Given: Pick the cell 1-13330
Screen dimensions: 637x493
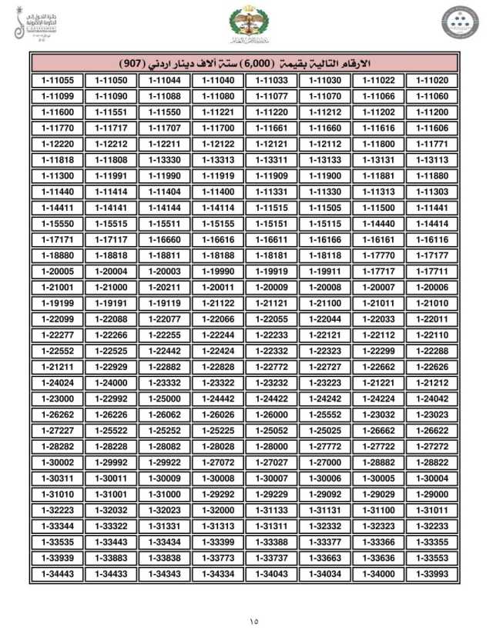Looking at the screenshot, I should coord(164,159).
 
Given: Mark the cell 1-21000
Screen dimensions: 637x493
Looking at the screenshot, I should coord(111,286).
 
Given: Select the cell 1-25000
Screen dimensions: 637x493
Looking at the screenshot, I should coord(164,398).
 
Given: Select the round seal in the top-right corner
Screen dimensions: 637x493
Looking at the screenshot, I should coord(458,22).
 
